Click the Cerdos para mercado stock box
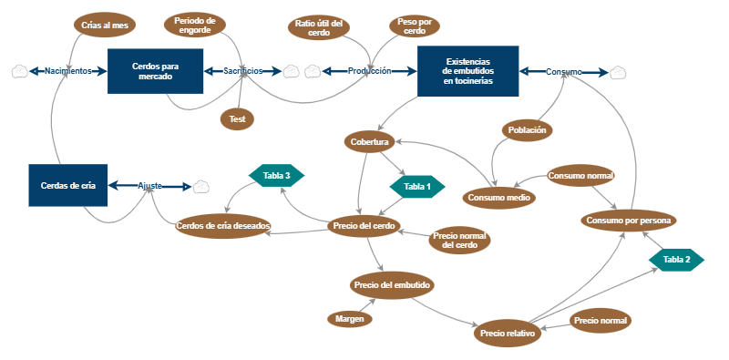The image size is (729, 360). coord(155,71)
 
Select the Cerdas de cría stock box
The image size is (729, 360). coord(68,185)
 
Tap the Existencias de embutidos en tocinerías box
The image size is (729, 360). coord(468,71)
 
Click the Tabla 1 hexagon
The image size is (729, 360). coord(416,186)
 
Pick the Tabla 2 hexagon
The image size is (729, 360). coord(676,260)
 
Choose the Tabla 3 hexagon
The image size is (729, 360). coord(276,175)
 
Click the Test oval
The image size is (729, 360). coord(237,118)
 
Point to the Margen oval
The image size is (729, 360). coord(349,318)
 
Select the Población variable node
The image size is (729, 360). coord(528,130)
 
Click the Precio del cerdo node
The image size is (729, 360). coord(364,226)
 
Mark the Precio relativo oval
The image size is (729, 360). coord(508,334)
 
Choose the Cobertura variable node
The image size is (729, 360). coord(370,142)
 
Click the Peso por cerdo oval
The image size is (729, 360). coord(415,26)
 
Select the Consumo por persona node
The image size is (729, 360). coord(630,220)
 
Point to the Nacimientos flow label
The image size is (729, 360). coord(68,71)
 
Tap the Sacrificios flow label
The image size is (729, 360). coord(243,71)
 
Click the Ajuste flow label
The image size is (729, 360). coord(150,186)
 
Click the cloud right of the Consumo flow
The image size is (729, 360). coord(618,71)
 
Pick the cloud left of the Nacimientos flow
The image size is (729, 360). coord(20,71)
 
